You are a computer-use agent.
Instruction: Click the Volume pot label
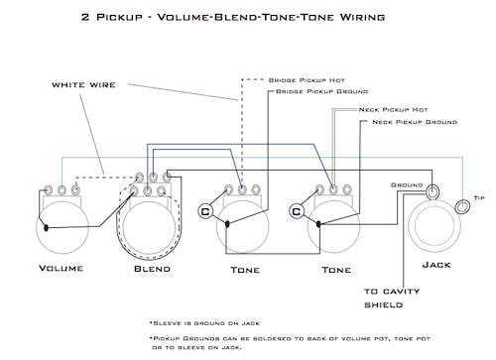62,268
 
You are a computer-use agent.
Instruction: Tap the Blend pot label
153,269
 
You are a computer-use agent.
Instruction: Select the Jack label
436,265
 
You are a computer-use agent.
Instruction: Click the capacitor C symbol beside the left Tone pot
205,211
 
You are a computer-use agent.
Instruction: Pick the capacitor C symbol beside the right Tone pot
297,211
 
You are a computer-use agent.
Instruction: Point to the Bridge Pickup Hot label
307,80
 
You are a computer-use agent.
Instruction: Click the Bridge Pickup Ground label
321,91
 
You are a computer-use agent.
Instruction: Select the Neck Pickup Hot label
394,109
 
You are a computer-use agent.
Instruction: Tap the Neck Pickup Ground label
415,122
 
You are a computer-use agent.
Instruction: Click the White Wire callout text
83,85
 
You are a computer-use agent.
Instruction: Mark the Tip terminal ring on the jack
462,206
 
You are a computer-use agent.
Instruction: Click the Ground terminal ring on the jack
433,191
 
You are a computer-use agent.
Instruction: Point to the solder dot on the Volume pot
47,227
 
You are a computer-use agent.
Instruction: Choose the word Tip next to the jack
479,198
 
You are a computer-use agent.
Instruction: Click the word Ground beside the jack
407,185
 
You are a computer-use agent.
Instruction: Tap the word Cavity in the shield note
401,292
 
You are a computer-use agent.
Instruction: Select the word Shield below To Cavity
384,304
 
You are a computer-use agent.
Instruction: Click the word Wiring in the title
363,17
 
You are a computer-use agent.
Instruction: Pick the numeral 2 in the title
85,17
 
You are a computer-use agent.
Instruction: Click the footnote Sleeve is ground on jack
205,323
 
